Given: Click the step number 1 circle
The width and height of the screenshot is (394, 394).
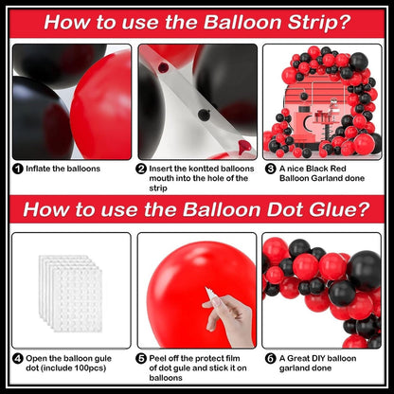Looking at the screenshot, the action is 18,169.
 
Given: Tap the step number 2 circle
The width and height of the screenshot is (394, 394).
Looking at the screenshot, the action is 141,169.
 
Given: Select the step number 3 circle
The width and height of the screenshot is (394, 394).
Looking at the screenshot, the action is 270,169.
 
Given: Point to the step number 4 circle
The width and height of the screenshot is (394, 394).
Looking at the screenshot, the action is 18,359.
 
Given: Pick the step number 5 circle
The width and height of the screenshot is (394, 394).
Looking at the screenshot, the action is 141,359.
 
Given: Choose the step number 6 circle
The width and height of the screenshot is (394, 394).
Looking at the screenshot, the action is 270,359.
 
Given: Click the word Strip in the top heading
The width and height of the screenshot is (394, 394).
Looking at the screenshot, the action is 318,23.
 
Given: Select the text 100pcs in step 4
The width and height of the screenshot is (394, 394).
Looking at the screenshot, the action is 89,368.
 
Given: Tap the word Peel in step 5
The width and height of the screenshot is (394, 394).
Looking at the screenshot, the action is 157,358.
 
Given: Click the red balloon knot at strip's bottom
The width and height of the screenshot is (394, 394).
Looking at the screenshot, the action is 244,146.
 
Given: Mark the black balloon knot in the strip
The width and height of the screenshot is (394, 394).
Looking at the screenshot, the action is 205,115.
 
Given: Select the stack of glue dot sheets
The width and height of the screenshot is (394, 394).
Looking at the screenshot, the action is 71,294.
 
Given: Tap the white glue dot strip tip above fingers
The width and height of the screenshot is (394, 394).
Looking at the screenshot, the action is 208,290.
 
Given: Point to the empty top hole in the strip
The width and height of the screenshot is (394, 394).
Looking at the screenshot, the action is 163,67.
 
